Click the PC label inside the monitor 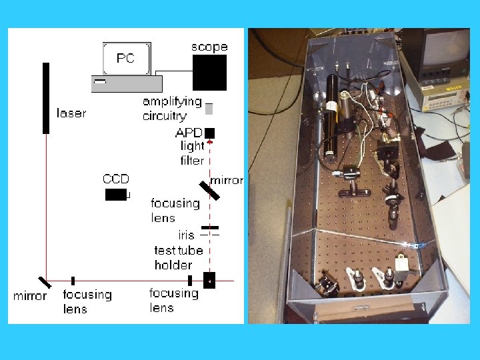(125, 58)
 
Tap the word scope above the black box (209, 47)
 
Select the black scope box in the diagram (209, 72)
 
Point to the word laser (71, 113)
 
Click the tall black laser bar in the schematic (46, 98)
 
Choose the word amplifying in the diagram (172, 101)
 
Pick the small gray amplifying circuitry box (209, 109)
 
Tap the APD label (189, 133)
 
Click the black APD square (210, 133)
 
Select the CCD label (115, 179)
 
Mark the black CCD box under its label (116, 194)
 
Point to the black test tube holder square (209, 280)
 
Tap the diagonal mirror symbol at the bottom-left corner (43, 282)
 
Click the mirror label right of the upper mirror (227, 181)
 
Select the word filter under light (192, 160)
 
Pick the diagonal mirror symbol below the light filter (209, 190)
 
